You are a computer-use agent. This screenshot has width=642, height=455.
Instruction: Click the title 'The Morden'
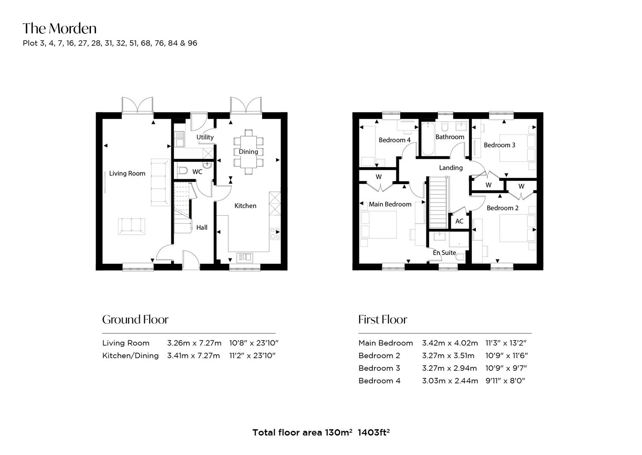point(60,28)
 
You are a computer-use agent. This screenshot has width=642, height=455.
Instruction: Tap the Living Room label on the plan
point(127,174)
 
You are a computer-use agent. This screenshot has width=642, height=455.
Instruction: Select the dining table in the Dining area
point(249,152)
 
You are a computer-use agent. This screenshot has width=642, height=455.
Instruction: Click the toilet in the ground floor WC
point(182,171)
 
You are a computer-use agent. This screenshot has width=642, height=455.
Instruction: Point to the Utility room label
point(205,137)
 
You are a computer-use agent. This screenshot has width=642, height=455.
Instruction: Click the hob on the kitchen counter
point(275,234)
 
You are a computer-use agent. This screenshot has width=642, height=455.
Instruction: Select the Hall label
point(202,227)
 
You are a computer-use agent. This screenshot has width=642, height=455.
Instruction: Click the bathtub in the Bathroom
point(428,139)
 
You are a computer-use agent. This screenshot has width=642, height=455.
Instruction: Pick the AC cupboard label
point(459,221)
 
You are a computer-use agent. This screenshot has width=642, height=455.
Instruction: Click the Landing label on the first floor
point(451,168)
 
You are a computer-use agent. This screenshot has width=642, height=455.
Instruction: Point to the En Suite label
point(444,253)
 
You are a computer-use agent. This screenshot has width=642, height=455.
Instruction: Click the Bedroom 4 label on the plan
point(395,140)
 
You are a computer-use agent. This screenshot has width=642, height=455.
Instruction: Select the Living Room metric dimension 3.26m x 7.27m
point(194,343)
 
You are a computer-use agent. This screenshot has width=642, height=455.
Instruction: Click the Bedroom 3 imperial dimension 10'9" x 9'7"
point(506,368)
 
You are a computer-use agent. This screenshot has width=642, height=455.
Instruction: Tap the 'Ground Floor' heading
point(135,319)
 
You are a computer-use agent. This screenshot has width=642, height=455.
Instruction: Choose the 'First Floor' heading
point(383,319)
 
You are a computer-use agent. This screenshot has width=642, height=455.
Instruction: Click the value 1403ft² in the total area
point(374,432)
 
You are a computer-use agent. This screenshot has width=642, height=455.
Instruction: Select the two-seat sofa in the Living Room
point(131,227)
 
